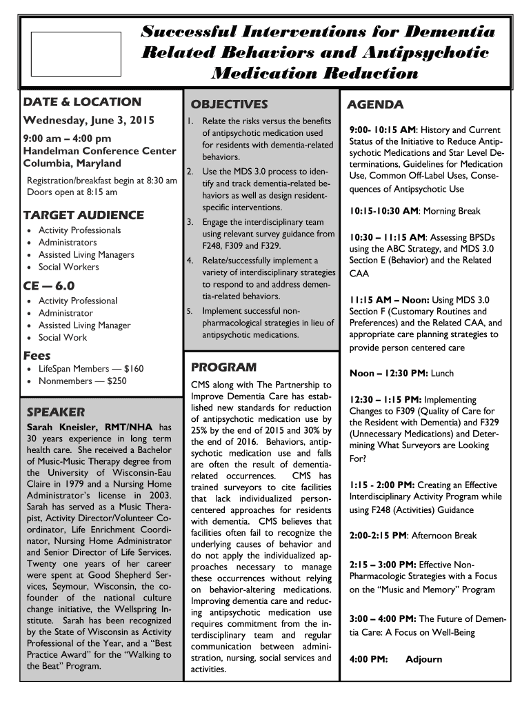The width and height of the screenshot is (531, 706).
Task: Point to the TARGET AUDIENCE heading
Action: (83, 214)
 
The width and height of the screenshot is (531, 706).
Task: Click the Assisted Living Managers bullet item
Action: (86, 254)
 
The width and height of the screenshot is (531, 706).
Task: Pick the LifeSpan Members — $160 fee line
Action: (91, 369)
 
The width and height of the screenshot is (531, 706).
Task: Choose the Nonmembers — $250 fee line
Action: (82, 381)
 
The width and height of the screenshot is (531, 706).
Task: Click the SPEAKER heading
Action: (56, 412)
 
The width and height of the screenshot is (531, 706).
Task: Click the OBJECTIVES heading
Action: (229, 105)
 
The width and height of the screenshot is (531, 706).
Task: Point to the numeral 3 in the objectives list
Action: (189, 222)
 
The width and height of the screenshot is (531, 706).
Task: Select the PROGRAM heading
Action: (223, 367)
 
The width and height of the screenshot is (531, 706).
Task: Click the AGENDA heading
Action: (375, 105)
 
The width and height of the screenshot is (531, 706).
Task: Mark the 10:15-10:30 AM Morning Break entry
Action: (414, 211)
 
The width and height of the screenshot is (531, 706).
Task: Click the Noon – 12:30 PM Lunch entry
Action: (401, 373)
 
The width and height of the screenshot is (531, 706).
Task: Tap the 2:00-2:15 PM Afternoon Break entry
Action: (413, 535)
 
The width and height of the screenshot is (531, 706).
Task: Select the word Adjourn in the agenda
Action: (423, 659)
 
